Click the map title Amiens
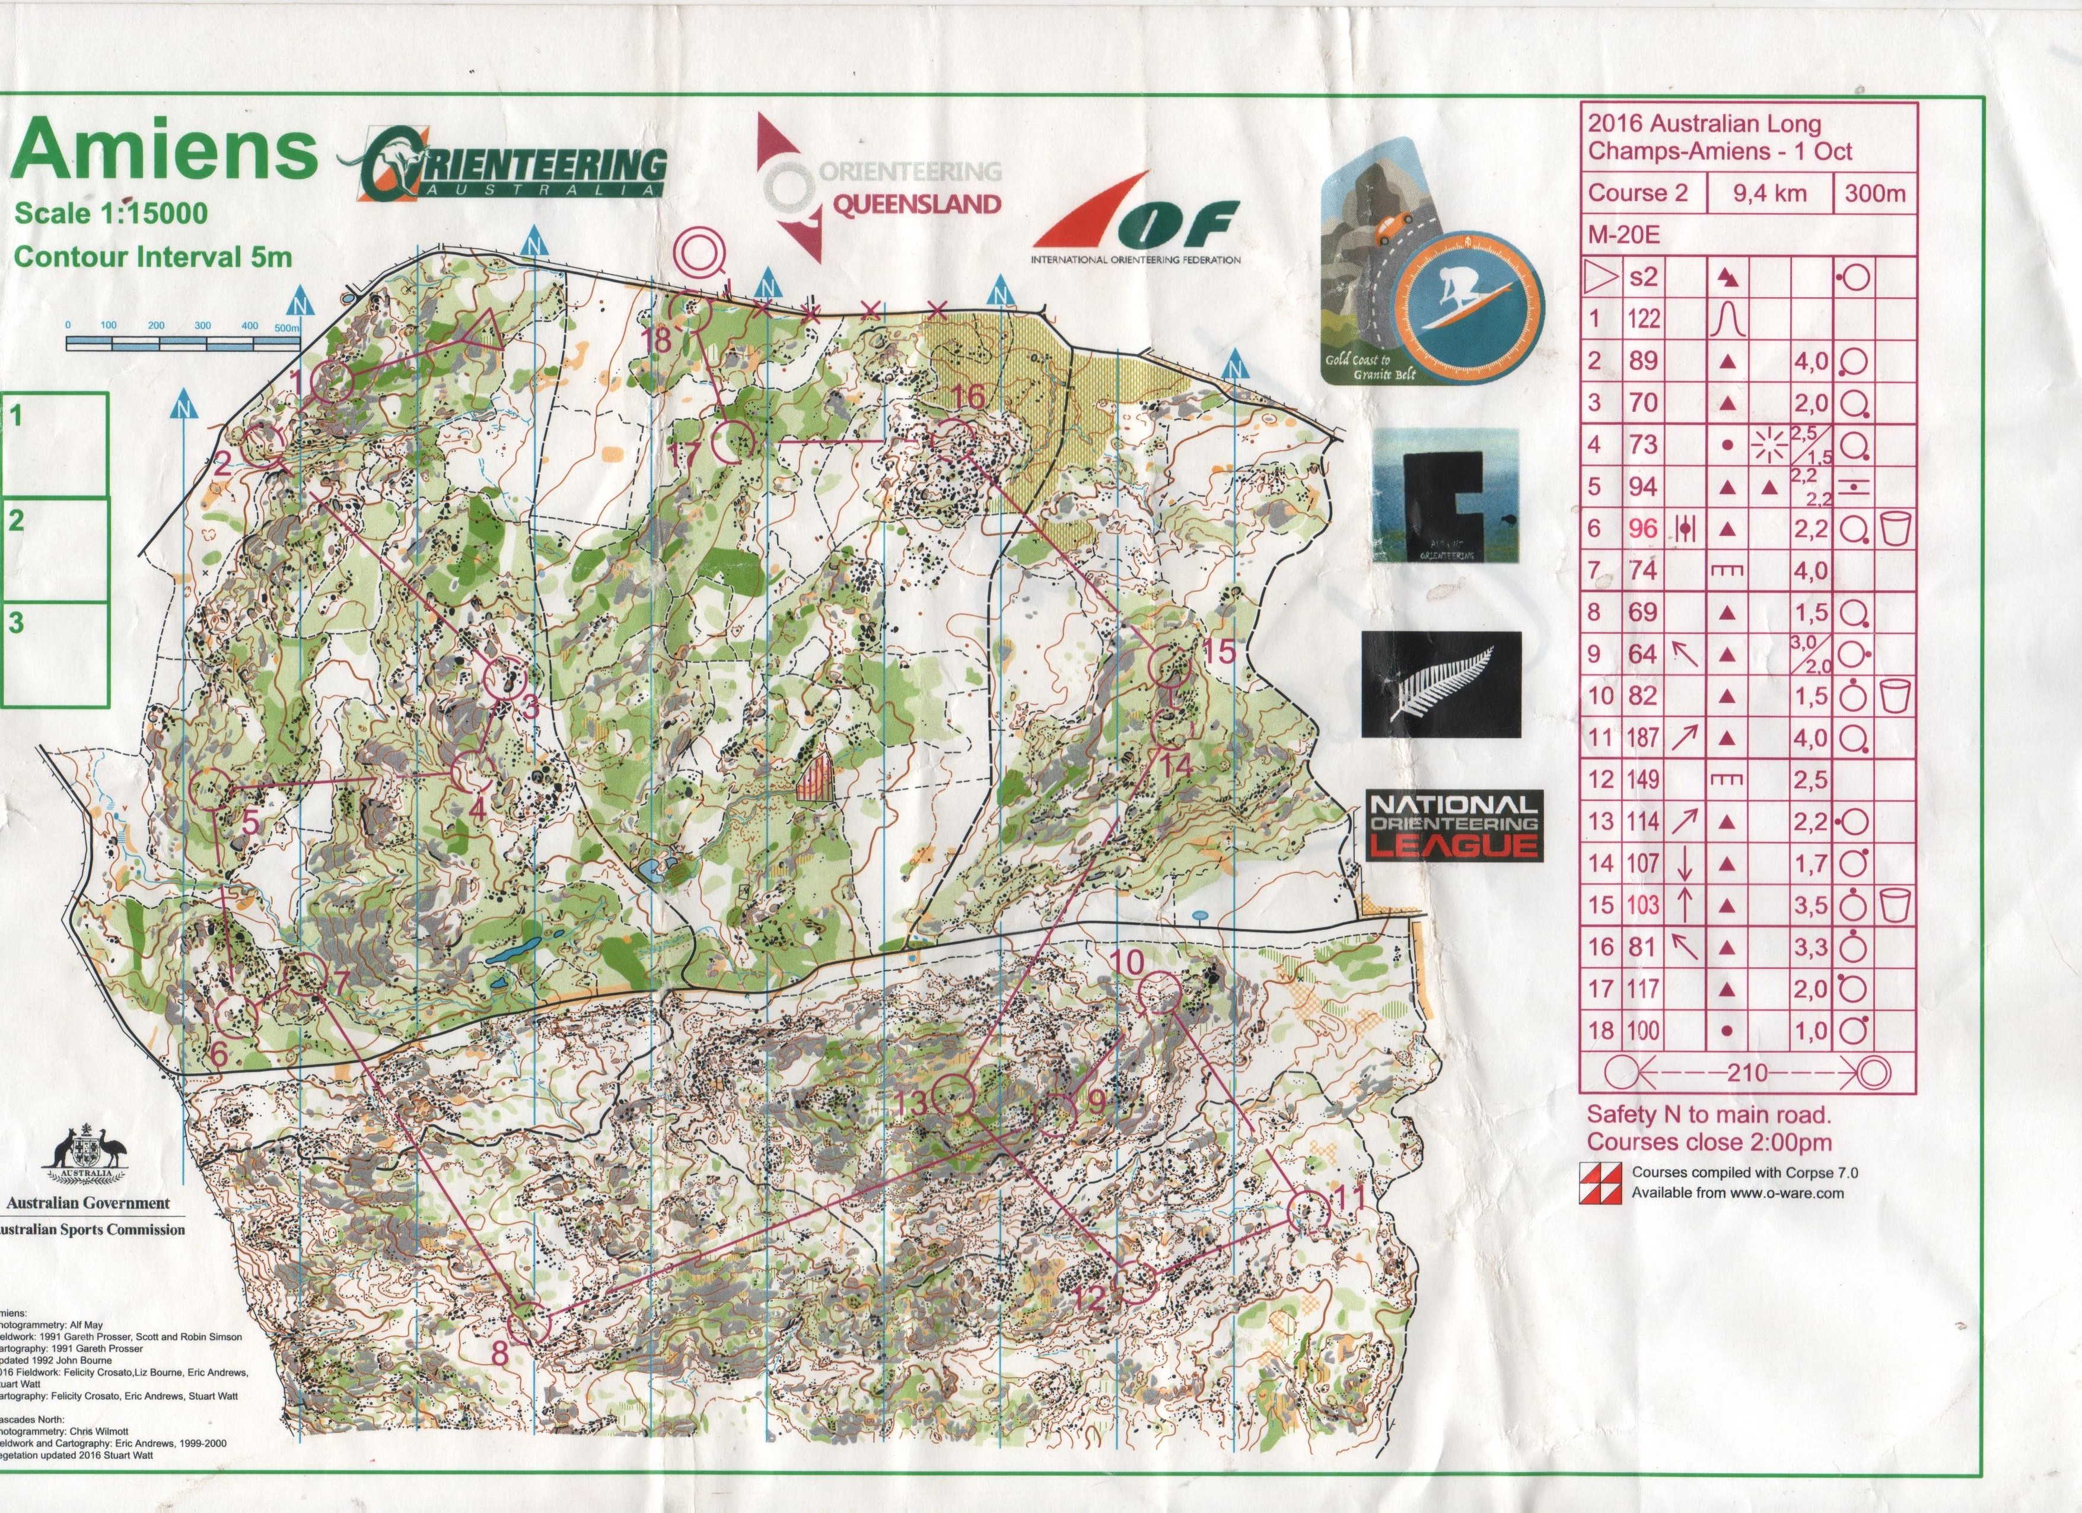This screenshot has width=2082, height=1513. tap(163, 151)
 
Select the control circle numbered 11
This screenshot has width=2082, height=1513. tap(1307, 1212)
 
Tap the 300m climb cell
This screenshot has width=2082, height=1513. tap(1874, 193)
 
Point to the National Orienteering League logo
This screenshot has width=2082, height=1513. tap(1452, 827)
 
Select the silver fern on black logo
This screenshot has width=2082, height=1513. tap(1440, 684)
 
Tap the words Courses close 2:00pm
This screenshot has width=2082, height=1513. tap(1709, 1142)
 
